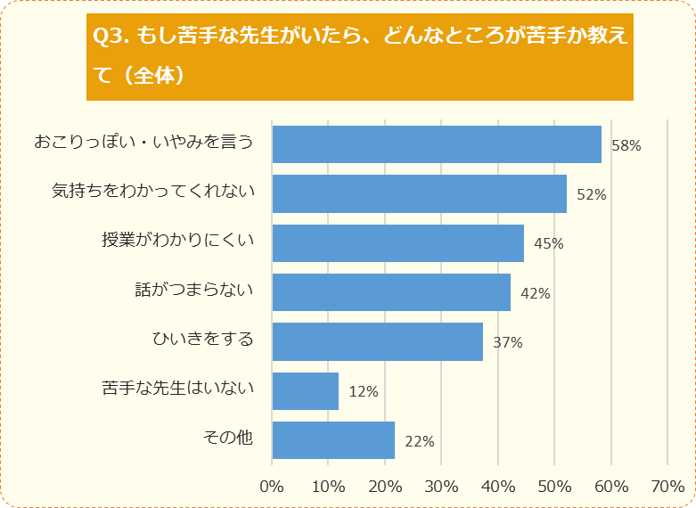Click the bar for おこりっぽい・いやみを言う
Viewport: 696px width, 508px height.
(436, 144)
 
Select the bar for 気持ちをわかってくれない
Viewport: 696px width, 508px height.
(419, 193)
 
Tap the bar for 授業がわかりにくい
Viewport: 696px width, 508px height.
(397, 243)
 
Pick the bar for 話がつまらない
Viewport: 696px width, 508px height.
(390, 292)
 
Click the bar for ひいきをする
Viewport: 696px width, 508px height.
(377, 341)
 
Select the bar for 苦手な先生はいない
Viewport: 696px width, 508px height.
(305, 390)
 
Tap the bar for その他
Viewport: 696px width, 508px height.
(332, 440)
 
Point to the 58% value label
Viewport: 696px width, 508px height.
(626, 145)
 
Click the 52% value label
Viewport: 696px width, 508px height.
(591, 194)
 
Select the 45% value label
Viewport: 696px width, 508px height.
(549, 243)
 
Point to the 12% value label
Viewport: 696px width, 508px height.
(364, 391)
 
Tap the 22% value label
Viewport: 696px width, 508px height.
(419, 441)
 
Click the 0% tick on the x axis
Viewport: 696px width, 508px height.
(272, 487)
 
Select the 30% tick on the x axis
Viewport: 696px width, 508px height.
(441, 487)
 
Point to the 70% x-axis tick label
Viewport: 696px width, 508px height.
(667, 487)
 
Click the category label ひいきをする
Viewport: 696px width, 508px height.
(204, 339)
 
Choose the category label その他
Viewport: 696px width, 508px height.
(229, 438)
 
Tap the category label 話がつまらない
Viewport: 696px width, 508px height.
(194, 290)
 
